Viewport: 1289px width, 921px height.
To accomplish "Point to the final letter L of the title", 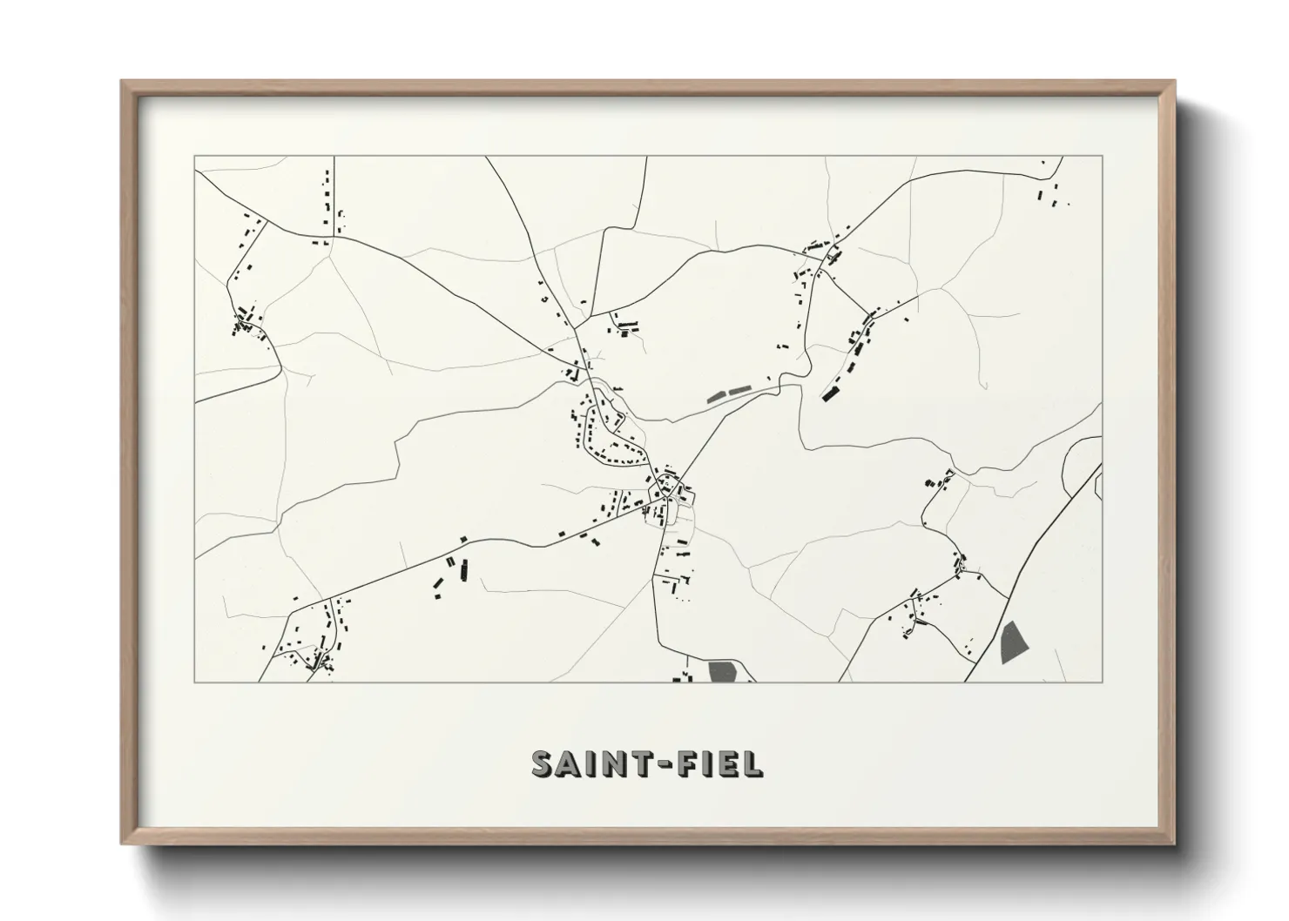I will pos(752,763).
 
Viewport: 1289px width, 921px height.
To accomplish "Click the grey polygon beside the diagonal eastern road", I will pos(1014,642).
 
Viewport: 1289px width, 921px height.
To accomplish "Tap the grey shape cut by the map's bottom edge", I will pos(723,672).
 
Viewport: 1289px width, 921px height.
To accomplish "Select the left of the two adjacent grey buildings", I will pos(716,397).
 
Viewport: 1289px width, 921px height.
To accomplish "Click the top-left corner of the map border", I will pos(194,157).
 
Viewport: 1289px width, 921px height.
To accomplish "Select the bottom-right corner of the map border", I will pos(1103,682).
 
